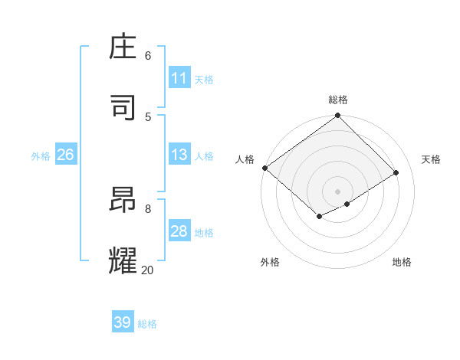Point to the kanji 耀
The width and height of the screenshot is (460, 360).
coord(124,260)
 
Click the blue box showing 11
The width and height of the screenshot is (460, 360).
coord(179,78)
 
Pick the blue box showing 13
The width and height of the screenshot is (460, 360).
coord(179,155)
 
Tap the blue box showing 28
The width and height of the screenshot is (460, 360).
coord(179,232)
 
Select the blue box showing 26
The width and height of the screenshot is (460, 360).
coord(65,155)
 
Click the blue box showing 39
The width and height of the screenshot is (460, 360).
coord(123,322)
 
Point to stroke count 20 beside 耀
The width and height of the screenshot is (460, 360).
coord(147,270)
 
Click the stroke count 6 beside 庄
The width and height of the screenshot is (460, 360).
coord(148,55)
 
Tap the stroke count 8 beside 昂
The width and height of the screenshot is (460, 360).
coord(148,208)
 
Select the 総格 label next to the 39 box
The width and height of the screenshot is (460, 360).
coord(147,324)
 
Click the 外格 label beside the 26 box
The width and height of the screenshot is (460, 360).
coord(41,156)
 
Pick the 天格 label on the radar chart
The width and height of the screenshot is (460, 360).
coord(431,159)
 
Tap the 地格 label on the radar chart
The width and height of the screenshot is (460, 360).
coord(402,262)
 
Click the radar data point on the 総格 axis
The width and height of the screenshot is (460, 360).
coord(337,116)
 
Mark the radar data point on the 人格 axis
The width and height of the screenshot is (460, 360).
coord(264,168)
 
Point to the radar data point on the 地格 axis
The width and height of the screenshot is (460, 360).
coord(347,204)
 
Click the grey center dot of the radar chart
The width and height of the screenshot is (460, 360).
coord(337,191)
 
